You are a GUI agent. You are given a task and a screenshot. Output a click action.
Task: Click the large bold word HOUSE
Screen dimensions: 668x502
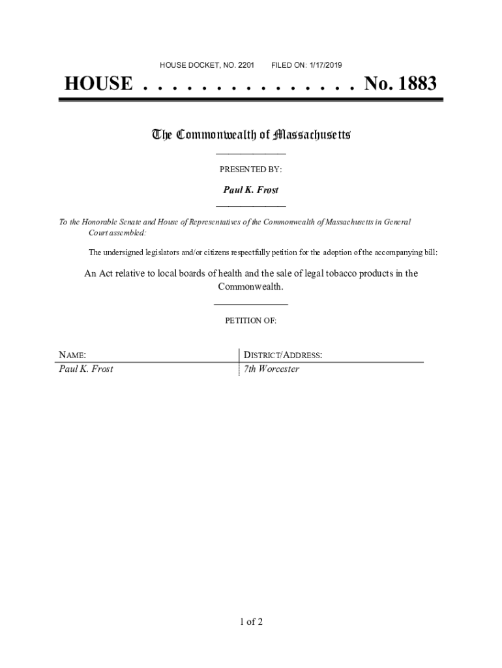(x=98, y=85)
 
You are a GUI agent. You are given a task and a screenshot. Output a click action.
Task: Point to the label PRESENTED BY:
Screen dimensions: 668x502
(x=250, y=170)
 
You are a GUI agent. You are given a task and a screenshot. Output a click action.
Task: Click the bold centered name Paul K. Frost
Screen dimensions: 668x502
(x=251, y=190)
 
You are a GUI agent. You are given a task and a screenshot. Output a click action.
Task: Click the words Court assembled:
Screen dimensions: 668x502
(x=117, y=232)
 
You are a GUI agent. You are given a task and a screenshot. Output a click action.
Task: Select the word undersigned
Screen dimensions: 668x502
(x=125, y=252)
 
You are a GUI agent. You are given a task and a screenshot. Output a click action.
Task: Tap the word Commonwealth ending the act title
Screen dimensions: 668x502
(x=250, y=287)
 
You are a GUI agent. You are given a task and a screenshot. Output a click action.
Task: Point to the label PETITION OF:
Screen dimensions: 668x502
(x=250, y=321)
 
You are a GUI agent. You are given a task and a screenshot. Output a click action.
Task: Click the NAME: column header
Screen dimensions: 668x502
(x=72, y=356)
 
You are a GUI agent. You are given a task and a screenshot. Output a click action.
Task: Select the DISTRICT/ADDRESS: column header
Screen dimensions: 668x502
(x=283, y=356)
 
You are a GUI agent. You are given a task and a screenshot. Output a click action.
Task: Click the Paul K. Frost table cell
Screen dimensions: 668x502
(x=86, y=369)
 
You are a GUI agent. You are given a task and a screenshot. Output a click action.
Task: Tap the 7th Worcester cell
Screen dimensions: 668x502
(x=271, y=369)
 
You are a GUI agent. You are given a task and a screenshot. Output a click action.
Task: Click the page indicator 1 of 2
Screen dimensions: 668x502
(x=250, y=622)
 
